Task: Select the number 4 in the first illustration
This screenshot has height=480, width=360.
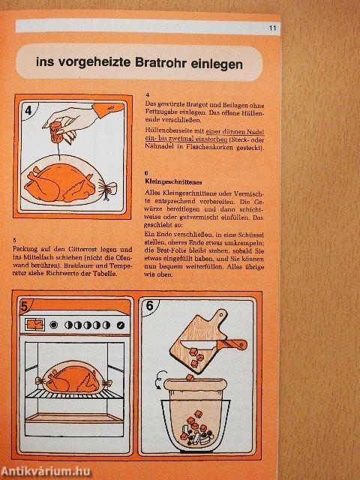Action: coord(28,112)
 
